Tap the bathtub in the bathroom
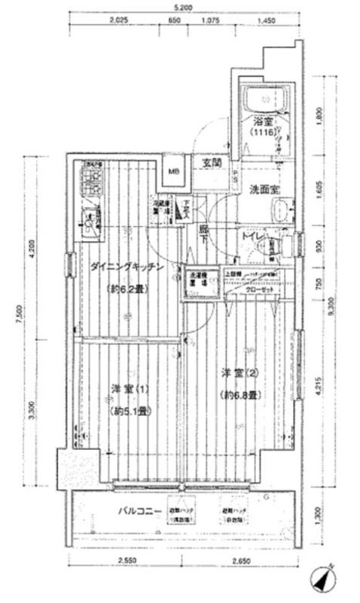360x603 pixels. click(267, 98)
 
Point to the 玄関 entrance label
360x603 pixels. click(211, 162)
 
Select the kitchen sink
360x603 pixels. click(90, 222)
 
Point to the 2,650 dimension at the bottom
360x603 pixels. click(241, 561)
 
